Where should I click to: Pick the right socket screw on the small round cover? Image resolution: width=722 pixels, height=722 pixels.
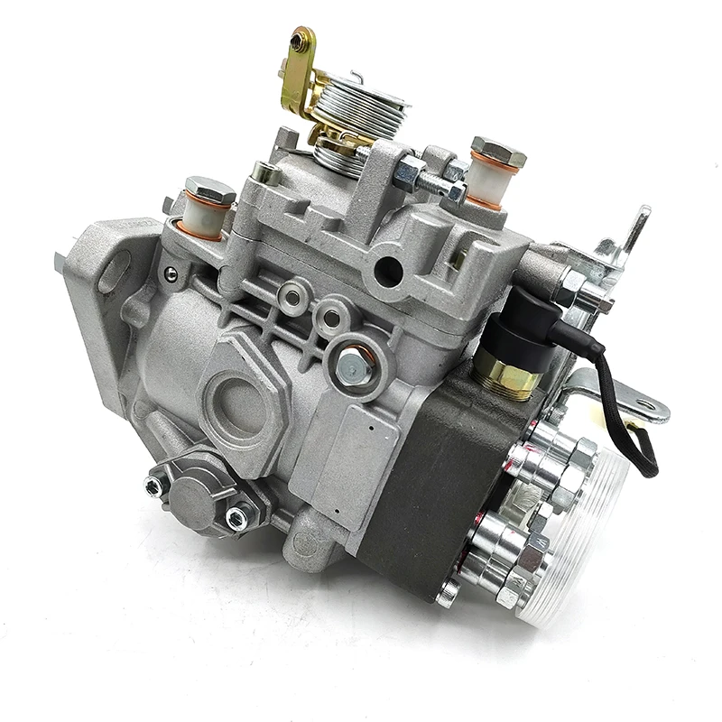coord(236,518)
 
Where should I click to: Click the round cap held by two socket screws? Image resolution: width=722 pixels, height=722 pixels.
coord(195,495)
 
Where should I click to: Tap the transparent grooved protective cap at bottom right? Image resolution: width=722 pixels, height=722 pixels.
coord(578,541)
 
